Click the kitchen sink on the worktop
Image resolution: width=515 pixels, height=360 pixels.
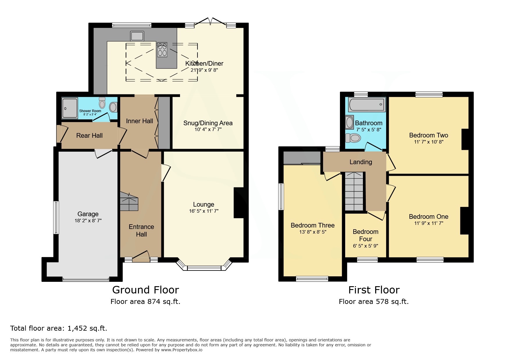pyautogui.click(x=137, y=36)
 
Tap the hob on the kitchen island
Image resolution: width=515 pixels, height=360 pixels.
pyautogui.click(x=162, y=50)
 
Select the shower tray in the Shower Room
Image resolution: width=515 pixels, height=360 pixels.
pyautogui.click(x=70, y=108)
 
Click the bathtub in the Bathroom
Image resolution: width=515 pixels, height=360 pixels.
pyautogui.click(x=366, y=105)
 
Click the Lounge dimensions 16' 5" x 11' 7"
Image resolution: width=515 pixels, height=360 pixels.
pyautogui.click(x=204, y=211)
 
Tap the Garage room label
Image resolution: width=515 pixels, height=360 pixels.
pyautogui.click(x=88, y=214)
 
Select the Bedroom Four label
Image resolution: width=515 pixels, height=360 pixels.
pyautogui.click(x=366, y=235)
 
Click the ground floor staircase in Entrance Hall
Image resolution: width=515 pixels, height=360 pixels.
pyautogui.click(x=129, y=201)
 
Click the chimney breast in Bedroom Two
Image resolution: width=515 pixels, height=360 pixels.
pyautogui.click(x=465, y=139)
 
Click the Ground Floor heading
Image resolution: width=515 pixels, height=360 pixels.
pyautogui.click(x=145, y=290)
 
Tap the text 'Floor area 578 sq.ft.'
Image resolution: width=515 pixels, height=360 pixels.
pyautogui.click(x=373, y=302)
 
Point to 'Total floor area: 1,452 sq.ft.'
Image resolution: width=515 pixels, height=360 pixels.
pyautogui.click(x=59, y=329)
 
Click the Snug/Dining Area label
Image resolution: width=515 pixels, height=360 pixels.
pyautogui.click(x=208, y=123)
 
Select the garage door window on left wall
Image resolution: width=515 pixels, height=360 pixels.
pyautogui.click(x=56, y=217)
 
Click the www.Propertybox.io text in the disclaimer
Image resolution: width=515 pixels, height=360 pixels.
pyautogui.click(x=181, y=350)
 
